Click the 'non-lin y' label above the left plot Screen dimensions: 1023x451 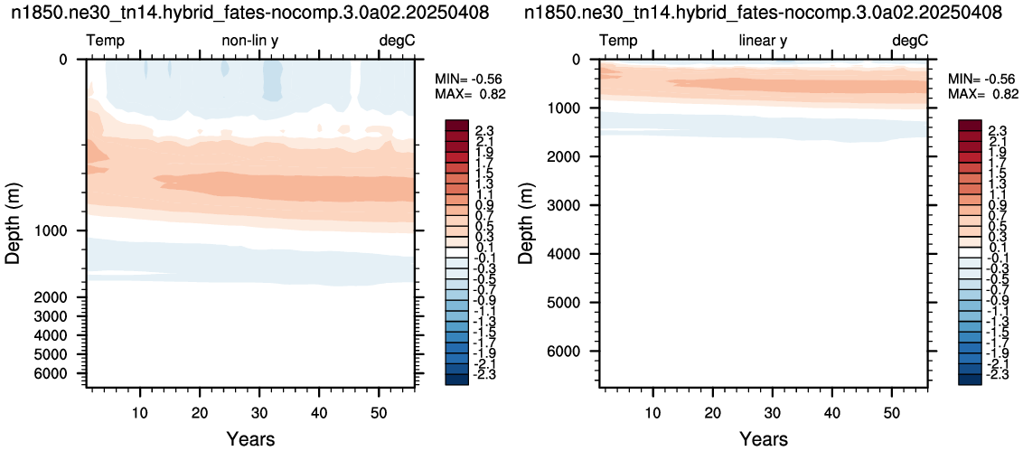click(x=250, y=41)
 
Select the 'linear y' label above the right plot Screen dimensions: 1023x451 click(x=763, y=41)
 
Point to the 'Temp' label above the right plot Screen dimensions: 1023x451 click(x=618, y=42)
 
